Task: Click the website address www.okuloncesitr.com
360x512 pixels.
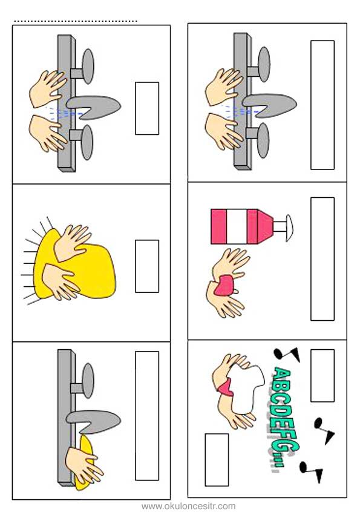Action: click(188, 506)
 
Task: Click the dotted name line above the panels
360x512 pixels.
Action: click(76, 22)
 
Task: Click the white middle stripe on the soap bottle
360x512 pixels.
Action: click(237, 226)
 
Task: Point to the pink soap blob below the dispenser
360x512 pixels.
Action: click(226, 286)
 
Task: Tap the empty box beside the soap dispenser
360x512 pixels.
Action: click(322, 258)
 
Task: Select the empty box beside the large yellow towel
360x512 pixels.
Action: click(147, 266)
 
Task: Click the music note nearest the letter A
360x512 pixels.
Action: click(287, 354)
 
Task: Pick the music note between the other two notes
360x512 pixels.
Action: click(324, 430)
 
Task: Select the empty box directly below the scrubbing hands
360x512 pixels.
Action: click(217, 459)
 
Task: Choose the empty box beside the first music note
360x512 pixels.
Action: click(322, 375)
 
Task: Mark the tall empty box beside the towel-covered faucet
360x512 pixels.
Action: click(147, 416)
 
